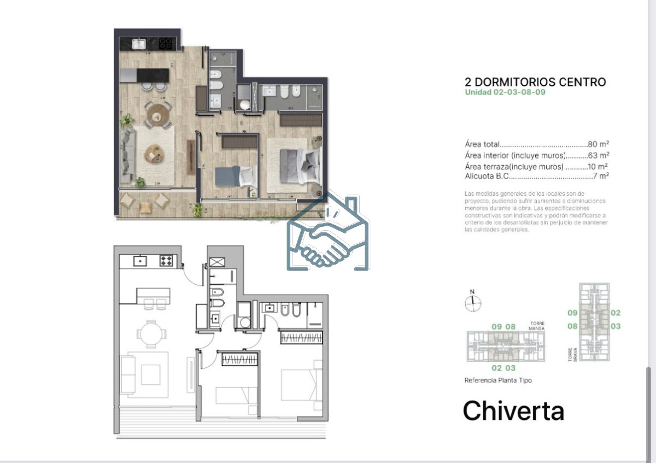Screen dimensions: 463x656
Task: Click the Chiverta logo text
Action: (513, 411)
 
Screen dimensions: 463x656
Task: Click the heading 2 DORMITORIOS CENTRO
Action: (535, 82)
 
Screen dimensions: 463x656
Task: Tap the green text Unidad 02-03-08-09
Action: (505, 92)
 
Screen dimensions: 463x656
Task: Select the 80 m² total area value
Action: (598, 145)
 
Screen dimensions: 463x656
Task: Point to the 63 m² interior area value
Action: (598, 156)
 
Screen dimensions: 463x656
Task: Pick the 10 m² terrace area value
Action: (598, 166)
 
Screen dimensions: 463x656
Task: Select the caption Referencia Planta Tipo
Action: (497, 380)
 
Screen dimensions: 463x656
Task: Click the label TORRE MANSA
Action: (536, 326)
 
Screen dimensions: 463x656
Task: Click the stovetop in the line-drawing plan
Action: (166, 261)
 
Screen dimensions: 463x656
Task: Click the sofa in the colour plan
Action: (127, 156)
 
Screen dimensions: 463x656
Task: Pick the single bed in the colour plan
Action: (235, 176)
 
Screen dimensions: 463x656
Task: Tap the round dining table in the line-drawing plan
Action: (149, 332)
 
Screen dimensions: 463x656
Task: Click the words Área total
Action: (482, 145)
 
